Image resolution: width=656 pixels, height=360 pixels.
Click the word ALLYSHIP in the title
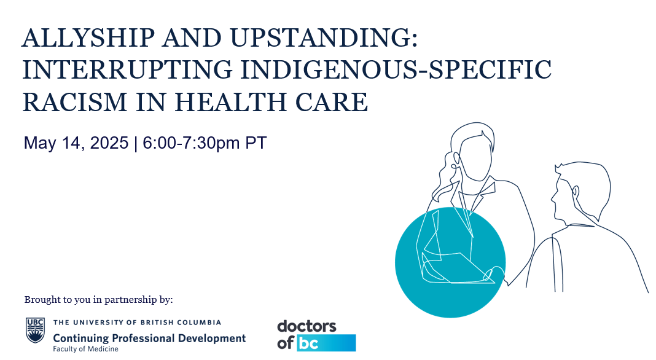pos(88,37)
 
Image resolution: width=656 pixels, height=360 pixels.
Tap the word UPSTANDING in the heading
pos(324,37)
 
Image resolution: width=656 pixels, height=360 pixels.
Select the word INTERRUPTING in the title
pos(127,70)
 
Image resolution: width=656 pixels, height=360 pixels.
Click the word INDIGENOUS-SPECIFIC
pos(396,70)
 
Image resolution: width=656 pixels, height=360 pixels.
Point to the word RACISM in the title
pos(74,102)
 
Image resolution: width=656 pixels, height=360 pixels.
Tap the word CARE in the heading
pos(332,102)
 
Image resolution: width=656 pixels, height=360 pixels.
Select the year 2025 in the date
pos(109,143)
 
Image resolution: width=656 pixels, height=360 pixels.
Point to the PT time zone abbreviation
pos(256,143)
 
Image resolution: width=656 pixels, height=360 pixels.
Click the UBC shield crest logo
pos(35,330)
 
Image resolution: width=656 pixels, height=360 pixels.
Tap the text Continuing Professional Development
pos(149,338)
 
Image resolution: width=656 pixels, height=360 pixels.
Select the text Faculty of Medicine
pos(85,349)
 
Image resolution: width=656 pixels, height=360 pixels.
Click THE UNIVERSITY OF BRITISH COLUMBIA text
pos(137,323)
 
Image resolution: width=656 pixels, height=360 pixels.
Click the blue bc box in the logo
pos(326,343)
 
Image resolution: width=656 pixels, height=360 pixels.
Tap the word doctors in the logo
pos(307,326)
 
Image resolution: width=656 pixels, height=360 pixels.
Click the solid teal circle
pos(450,262)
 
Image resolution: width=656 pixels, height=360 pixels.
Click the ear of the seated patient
pos(576,192)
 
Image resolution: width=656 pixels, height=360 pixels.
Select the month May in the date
pos(40,144)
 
